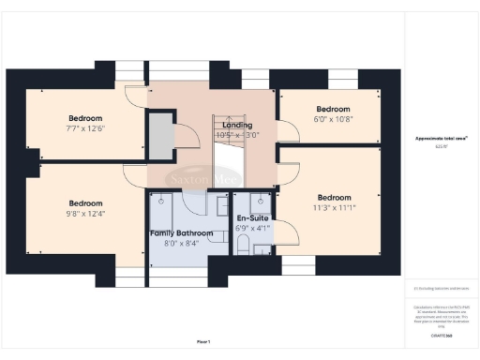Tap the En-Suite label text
click(x=253, y=217)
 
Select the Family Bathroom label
click(x=181, y=232)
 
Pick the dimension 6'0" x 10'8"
click(x=332, y=119)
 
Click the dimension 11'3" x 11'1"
click(x=334, y=208)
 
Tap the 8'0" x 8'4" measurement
click(x=181, y=244)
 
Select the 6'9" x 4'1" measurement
click(x=253, y=228)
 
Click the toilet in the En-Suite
click(x=242, y=247)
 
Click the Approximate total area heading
click(x=441, y=139)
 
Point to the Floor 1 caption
click(x=203, y=341)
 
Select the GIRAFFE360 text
click(x=442, y=335)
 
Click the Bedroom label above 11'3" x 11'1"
click(x=334, y=198)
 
